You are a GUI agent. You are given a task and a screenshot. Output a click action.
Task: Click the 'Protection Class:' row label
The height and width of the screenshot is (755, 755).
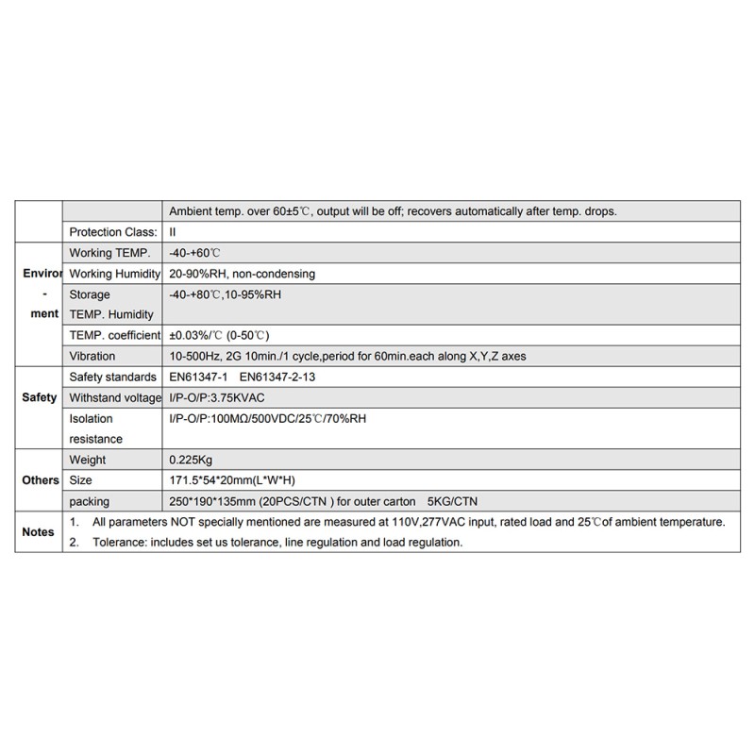109,232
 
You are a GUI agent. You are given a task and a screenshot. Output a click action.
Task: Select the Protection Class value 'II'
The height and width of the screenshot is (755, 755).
173,232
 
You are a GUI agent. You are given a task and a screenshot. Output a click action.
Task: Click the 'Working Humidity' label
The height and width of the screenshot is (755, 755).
114,274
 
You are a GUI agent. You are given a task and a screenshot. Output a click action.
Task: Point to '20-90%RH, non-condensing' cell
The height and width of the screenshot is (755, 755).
242,274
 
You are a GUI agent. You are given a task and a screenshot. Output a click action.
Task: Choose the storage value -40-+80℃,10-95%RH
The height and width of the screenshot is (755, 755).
225,294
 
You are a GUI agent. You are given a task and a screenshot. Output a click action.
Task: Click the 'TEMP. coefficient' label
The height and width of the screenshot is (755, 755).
113,336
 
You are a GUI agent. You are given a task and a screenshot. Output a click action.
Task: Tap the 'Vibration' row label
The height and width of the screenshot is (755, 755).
92,357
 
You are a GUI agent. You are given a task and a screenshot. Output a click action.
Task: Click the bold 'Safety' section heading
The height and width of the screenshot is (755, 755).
39,397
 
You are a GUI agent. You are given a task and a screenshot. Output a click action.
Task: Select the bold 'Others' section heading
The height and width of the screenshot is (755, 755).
40,480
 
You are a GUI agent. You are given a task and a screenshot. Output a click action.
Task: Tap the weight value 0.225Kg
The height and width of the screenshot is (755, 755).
190,460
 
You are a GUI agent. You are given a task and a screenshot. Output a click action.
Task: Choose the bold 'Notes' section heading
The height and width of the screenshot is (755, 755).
38,532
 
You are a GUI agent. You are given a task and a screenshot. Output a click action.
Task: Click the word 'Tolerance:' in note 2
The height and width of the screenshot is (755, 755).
119,543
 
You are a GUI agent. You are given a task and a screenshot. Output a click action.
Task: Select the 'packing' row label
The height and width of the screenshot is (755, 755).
90,501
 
